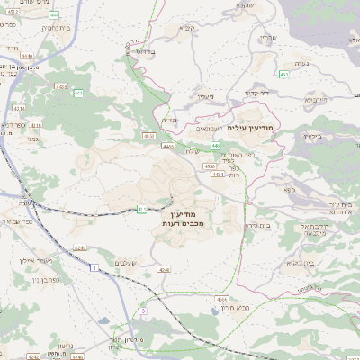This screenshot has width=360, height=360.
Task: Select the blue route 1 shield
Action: (93, 267)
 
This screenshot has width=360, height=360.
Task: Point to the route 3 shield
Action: (141, 310)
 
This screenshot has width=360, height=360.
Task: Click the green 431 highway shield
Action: (142, 209)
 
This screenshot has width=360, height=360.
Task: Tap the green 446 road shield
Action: (216, 145)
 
